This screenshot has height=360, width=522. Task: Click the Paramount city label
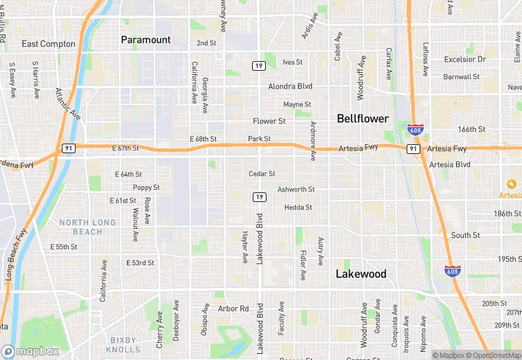(x=146, y=40)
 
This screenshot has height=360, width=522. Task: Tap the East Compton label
(x=48, y=44)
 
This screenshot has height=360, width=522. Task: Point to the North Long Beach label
(x=90, y=227)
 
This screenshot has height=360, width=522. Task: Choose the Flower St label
(x=269, y=122)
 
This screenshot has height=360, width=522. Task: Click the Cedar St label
(x=262, y=174)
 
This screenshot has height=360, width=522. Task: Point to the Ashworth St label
(x=296, y=190)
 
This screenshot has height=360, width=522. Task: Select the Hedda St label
(x=298, y=207)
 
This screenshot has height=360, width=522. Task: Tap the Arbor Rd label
(x=233, y=309)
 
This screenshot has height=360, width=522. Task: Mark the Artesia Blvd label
(x=449, y=165)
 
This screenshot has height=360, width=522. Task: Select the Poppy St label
(x=146, y=188)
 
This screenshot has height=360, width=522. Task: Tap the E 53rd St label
(x=140, y=263)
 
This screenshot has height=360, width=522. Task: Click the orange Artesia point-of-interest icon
(x=511, y=183)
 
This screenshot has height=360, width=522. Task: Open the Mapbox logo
(x=30, y=351)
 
